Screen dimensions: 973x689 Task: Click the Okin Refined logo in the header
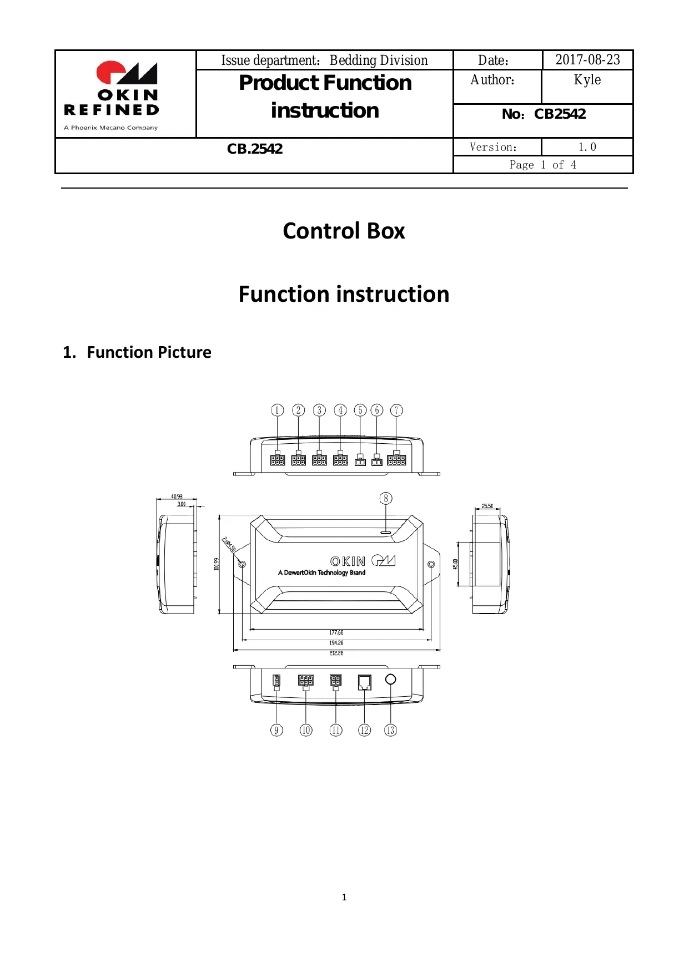pyautogui.click(x=112, y=94)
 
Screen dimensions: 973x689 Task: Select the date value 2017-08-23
pyautogui.click(x=587, y=60)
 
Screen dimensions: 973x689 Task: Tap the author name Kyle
pyautogui.click(x=587, y=80)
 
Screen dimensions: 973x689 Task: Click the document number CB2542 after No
pyautogui.click(x=560, y=114)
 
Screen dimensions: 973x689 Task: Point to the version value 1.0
pyautogui.click(x=587, y=147)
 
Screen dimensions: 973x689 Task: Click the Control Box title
pyautogui.click(x=344, y=231)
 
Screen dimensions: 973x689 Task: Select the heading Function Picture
pyautogui.click(x=149, y=352)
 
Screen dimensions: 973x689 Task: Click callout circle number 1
pyautogui.click(x=278, y=410)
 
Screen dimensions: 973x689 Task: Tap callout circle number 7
pyautogui.click(x=396, y=410)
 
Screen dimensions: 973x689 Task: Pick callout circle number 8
pyautogui.click(x=386, y=498)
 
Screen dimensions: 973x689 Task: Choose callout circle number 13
pyautogui.click(x=390, y=730)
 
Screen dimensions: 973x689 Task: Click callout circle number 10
pyautogui.click(x=306, y=730)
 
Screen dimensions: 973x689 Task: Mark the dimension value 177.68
pyautogui.click(x=336, y=632)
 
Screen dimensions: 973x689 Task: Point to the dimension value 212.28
pyautogui.click(x=336, y=653)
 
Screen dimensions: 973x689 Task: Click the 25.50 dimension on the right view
pyautogui.click(x=487, y=506)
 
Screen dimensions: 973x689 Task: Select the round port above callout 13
pyautogui.click(x=390, y=679)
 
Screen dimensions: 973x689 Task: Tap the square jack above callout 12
pyautogui.click(x=364, y=682)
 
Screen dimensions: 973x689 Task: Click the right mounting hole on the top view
pyautogui.click(x=431, y=564)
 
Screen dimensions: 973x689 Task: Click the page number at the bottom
pyautogui.click(x=344, y=897)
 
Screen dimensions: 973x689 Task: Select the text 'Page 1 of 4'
pyautogui.click(x=543, y=165)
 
